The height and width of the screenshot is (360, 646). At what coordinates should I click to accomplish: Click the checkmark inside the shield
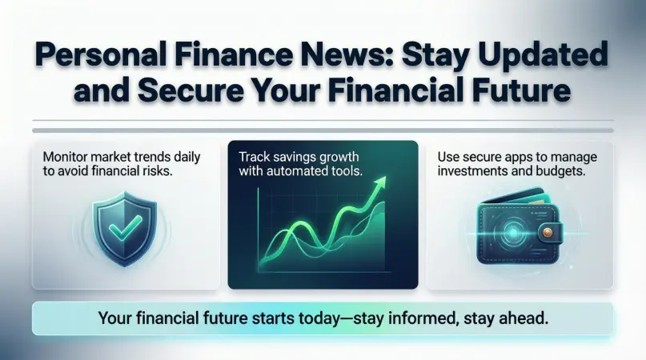[x=123, y=230]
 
